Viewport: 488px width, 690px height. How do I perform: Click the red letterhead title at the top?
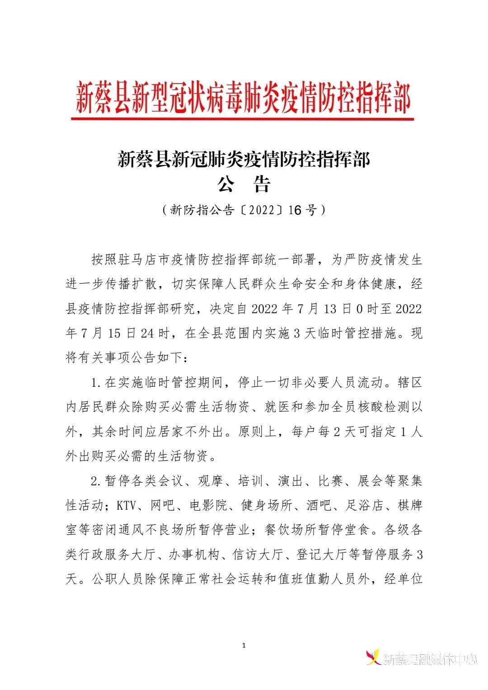tap(243, 98)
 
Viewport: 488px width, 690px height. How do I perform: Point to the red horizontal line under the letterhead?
tap(243, 119)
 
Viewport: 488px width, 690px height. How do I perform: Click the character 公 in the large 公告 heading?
tap(226, 184)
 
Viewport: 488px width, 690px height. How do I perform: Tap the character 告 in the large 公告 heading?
tap(262, 184)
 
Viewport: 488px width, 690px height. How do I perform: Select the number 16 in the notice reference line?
tap(295, 210)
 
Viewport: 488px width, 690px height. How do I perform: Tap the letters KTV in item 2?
tap(126, 505)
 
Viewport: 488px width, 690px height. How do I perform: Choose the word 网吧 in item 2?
tap(163, 505)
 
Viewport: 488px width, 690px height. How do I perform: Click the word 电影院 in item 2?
tap(209, 505)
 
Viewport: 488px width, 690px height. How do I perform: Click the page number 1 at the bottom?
tap(244, 645)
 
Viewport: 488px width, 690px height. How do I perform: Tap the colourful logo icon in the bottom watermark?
tap(373, 657)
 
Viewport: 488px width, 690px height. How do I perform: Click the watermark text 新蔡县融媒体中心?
tap(430, 660)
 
